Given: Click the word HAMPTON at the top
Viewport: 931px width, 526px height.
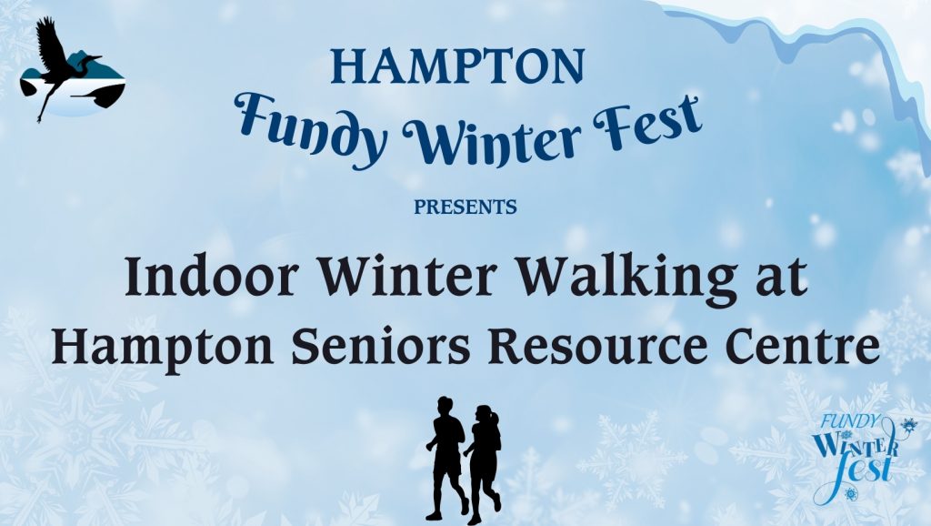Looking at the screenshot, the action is pos(457,66).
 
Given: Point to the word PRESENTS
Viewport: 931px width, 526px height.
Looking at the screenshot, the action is pos(465,207).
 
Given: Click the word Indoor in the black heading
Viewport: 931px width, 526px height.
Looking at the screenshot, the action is pos(211,277).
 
